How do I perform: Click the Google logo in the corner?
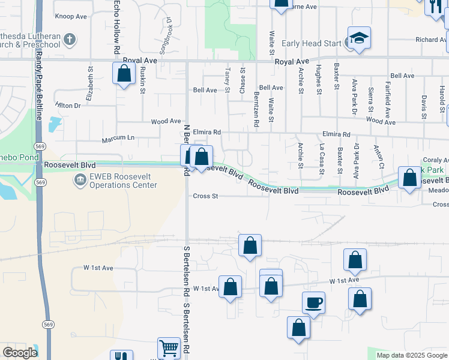pyautogui.click(x=20, y=353)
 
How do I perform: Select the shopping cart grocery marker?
pyautogui.click(x=169, y=348)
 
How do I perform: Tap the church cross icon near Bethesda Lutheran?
pyautogui.click(x=70, y=40)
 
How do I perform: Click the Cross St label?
pyautogui.click(x=205, y=196)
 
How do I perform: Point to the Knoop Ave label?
pyautogui.click(x=71, y=16)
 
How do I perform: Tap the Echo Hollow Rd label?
pyautogui.click(x=116, y=23)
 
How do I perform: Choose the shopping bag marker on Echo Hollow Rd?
pyautogui.click(x=124, y=74)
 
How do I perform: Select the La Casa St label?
pyautogui.click(x=321, y=159)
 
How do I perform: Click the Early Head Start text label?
pyautogui.click(x=311, y=43)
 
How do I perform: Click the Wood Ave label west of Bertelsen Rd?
pyautogui.click(x=166, y=121)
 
